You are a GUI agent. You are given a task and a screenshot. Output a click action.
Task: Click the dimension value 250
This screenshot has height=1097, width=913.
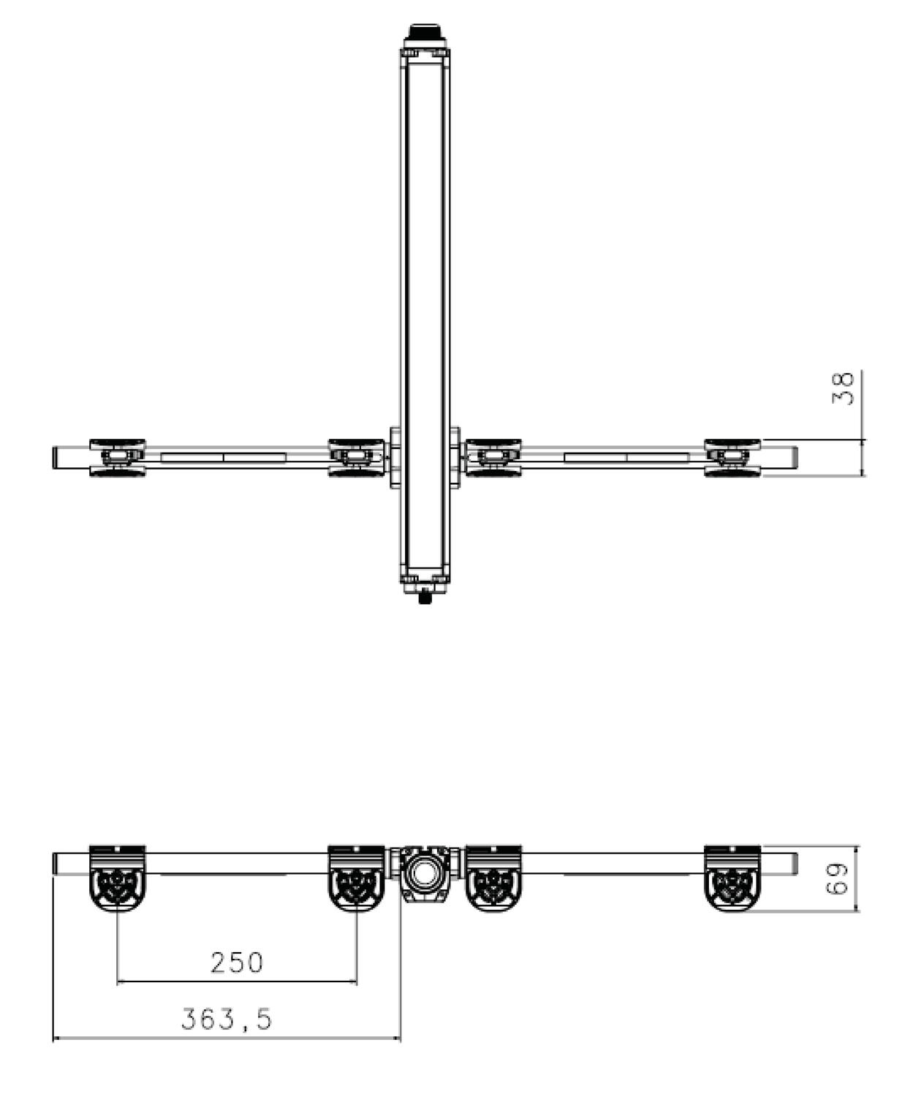pos(236,962)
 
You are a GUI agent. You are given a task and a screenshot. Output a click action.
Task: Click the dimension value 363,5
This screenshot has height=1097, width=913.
pos(226,1019)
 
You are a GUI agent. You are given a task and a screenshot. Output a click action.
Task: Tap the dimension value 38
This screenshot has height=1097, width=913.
pos(843,388)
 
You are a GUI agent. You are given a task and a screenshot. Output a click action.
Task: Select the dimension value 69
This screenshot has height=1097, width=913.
pos(837,878)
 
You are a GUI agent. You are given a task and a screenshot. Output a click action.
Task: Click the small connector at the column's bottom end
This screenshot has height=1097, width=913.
pos(424,596)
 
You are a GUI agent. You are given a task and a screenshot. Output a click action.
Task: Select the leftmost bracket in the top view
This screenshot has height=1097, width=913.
pos(117,458)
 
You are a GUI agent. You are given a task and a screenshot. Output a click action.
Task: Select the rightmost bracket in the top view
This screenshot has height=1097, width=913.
pos(732,458)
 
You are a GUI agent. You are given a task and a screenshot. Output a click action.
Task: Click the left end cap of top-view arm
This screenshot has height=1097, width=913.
pos(56,458)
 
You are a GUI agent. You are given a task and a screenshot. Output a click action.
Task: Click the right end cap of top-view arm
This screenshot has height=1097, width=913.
pos(794,458)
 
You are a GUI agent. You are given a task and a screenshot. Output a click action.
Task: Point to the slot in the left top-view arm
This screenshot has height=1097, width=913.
pos(223,458)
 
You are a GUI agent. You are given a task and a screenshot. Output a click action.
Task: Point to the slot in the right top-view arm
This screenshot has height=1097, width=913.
pos(626,458)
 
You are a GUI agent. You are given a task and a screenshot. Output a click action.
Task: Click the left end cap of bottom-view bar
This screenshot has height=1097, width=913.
pos(56,863)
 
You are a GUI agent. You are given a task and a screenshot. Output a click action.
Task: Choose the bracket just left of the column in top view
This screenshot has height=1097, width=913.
pos(356,458)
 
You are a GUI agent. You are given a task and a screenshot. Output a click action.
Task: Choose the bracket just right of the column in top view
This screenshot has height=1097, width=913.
pos(493,458)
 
